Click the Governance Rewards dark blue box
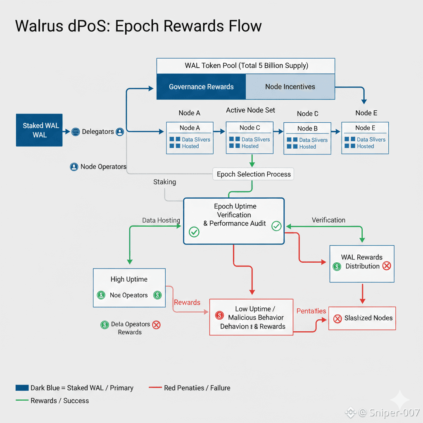click(201, 87)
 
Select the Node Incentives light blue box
click(290, 87)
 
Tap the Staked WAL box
click(39, 130)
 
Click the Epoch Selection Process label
click(254, 174)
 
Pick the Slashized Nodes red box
click(362, 318)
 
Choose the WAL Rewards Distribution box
click(362, 264)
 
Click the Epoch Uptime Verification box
click(234, 221)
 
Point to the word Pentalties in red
click(311, 311)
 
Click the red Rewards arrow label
click(187, 302)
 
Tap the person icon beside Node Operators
click(74, 167)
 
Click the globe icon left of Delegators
click(76, 132)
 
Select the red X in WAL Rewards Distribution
click(387, 266)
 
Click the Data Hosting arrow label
click(161, 221)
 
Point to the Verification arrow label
click(328, 220)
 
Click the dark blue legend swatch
click(22, 388)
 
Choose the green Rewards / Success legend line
click(22, 400)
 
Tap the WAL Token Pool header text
click(246, 66)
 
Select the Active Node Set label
click(250, 110)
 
